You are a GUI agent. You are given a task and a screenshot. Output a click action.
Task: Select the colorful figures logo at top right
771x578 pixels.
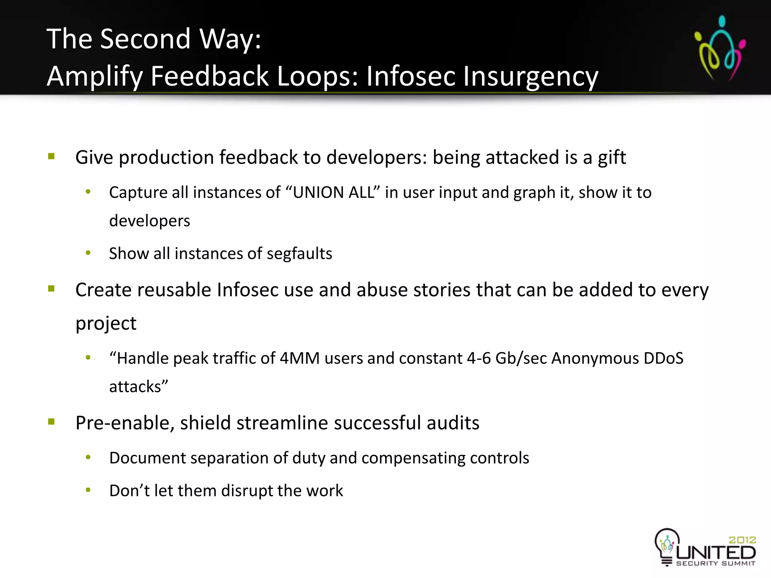pos(720,48)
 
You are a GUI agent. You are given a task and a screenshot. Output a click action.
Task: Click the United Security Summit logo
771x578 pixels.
pos(705,548)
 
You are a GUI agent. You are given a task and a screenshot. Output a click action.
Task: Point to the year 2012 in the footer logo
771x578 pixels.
pos(742,540)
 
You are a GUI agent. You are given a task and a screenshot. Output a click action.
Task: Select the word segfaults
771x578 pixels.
pos(299,254)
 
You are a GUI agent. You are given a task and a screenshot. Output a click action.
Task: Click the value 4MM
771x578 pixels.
pos(300,358)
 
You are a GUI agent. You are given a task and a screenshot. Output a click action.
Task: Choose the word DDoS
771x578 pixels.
pos(663,358)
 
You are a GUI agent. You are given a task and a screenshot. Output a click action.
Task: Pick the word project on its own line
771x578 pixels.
pos(106,323)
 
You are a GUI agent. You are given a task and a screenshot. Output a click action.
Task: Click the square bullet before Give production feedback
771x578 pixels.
pos(52,156)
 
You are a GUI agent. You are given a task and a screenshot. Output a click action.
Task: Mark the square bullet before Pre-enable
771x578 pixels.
pos(52,421)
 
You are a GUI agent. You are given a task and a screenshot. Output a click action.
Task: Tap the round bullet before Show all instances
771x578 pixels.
pos(88,253)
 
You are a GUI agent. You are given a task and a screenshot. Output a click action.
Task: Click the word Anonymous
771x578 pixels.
pos(595,358)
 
